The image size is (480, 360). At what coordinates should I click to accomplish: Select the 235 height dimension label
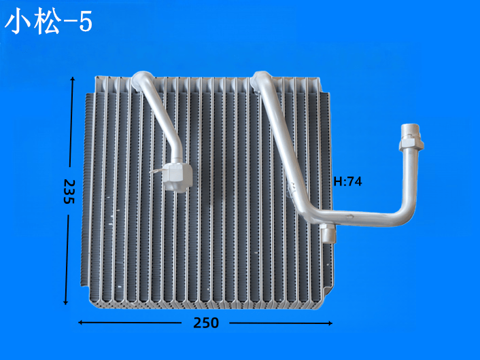click(x=69, y=192)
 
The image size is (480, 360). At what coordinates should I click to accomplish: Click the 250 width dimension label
click(x=206, y=323)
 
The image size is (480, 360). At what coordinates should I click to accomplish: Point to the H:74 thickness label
click(x=347, y=181)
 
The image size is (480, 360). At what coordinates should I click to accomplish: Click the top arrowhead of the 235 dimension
click(x=73, y=79)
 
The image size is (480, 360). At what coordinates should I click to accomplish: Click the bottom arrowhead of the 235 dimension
click(x=65, y=302)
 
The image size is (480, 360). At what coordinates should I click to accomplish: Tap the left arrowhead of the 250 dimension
click(x=81, y=323)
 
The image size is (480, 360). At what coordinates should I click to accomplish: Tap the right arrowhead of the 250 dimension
click(x=330, y=323)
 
